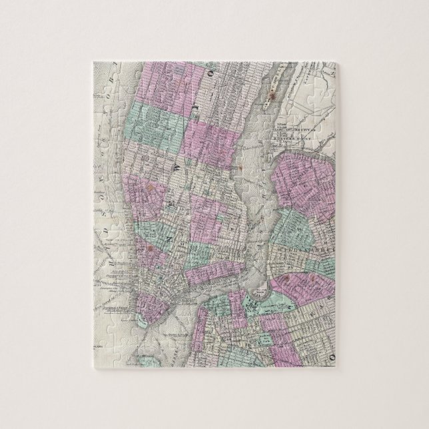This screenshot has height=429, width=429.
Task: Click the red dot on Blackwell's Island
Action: coord(272,97)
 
